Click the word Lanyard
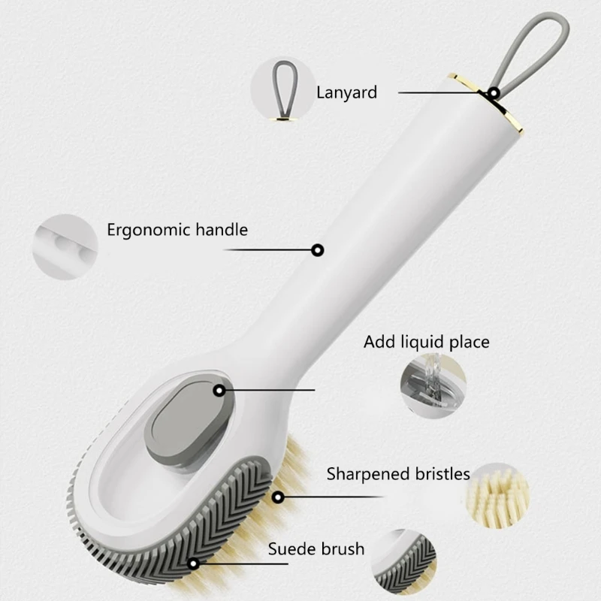pyautogui.click(x=346, y=92)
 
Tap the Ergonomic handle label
pyautogui.click(x=177, y=230)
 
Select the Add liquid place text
pyautogui.click(x=426, y=343)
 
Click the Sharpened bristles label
pyautogui.click(x=398, y=474)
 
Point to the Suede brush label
pyautogui.click(x=316, y=549)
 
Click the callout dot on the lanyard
pyautogui.click(x=494, y=93)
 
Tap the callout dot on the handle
pyautogui.click(x=318, y=250)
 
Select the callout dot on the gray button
pyautogui.click(x=219, y=391)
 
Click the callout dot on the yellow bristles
pyautogui.click(x=278, y=497)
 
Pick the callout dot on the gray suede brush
pyautogui.click(x=194, y=563)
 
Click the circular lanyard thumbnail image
pyautogui.click(x=282, y=89)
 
